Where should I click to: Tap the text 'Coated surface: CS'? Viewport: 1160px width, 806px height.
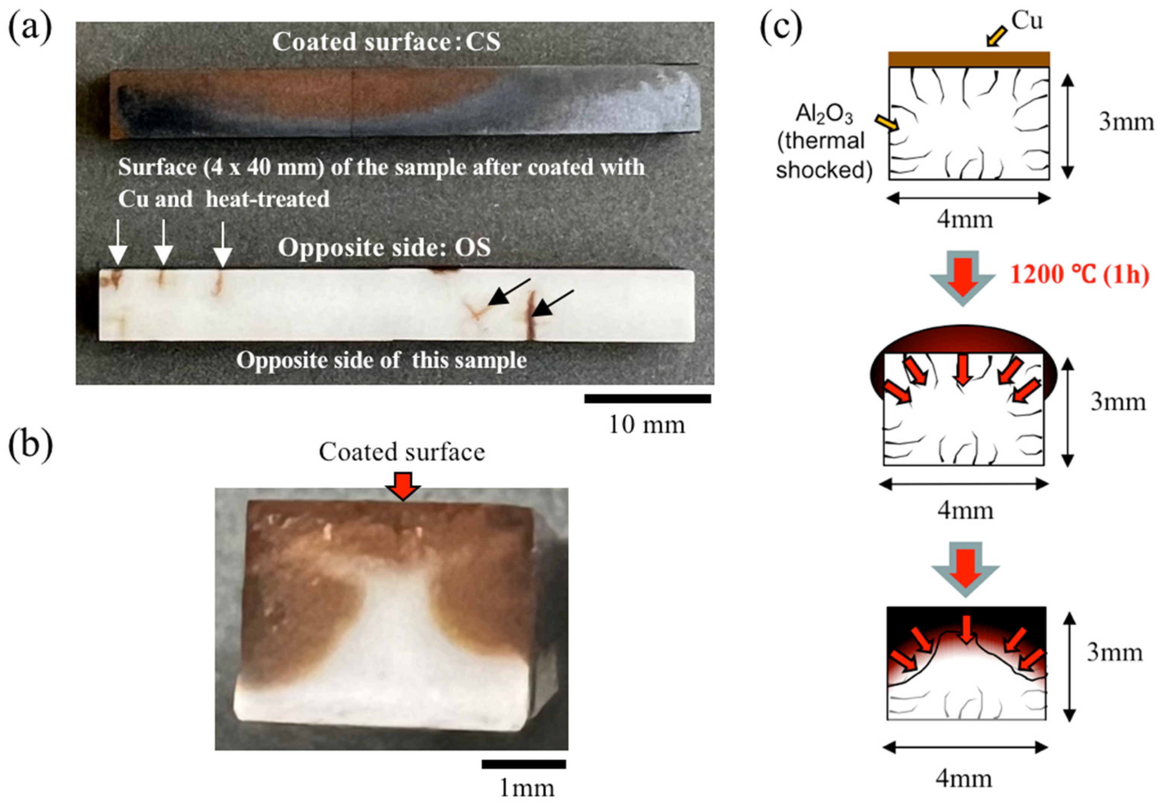pos(386,42)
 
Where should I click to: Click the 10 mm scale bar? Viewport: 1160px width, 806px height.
pos(647,399)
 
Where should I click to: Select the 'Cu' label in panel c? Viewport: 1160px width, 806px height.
pos(1026,21)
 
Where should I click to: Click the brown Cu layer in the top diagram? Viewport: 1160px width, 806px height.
pos(968,59)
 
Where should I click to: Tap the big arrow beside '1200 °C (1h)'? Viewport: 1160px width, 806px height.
pos(963,278)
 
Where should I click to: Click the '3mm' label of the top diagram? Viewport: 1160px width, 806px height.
pos(1126,122)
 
